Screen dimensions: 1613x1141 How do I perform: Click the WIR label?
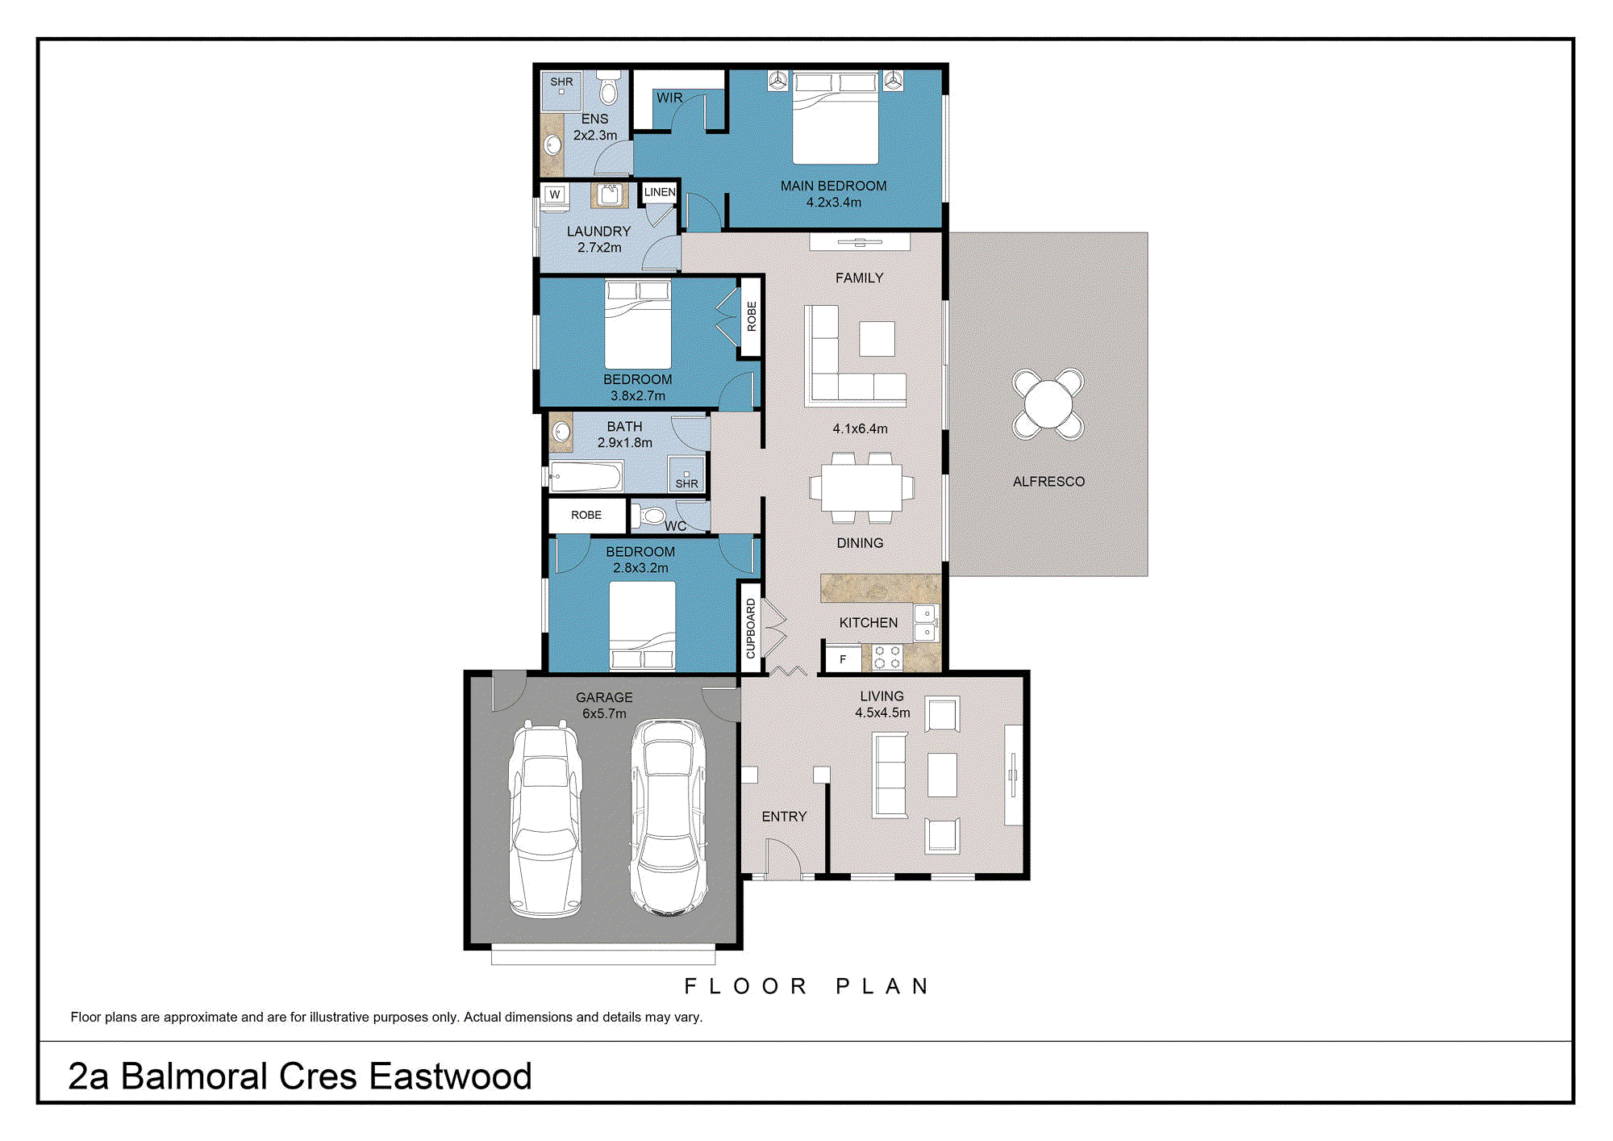click(669, 98)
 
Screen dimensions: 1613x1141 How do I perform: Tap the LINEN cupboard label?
click(660, 192)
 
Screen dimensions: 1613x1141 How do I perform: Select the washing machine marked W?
click(555, 194)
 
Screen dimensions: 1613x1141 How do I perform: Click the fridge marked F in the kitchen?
click(844, 659)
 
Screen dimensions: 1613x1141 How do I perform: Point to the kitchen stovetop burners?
click(887, 658)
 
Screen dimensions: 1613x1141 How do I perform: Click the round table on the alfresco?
click(1048, 404)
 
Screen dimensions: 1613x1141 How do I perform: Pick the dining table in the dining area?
click(861, 488)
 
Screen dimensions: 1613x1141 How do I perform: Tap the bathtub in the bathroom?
click(586, 476)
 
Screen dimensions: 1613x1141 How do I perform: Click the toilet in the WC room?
click(650, 516)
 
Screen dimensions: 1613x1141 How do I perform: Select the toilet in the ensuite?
click(609, 89)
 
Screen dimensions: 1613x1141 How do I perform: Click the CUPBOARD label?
click(751, 629)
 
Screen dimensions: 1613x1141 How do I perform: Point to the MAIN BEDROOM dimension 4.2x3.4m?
click(834, 203)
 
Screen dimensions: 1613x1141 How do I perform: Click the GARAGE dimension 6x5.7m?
click(604, 713)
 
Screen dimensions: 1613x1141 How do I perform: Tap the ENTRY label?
click(784, 817)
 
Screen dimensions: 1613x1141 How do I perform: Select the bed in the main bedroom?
click(836, 118)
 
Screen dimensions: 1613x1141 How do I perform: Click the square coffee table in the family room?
click(877, 339)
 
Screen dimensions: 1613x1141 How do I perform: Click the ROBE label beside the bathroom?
click(586, 515)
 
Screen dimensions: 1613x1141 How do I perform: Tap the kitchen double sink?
click(926, 622)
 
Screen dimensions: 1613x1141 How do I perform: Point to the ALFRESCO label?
click(1048, 482)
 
